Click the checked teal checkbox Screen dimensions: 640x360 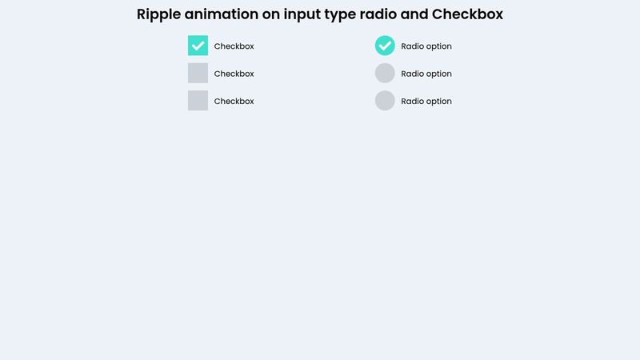(x=198, y=46)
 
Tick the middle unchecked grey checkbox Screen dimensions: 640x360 (x=198, y=73)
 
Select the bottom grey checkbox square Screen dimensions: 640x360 (x=198, y=101)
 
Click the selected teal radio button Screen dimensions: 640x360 (x=385, y=46)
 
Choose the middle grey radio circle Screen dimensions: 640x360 (x=385, y=73)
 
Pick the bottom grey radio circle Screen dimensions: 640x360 (x=385, y=101)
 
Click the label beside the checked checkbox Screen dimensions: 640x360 (x=234, y=46)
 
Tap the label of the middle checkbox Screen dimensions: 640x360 (x=234, y=74)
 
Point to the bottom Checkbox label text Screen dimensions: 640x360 (x=234, y=102)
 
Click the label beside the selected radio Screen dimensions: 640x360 (x=426, y=46)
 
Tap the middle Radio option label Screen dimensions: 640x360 (x=426, y=74)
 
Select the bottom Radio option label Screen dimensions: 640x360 (x=426, y=102)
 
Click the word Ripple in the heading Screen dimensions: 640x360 (x=158, y=15)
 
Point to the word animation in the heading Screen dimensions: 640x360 (x=222, y=14)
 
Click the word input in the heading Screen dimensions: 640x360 (x=302, y=15)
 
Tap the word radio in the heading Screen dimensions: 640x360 (x=378, y=14)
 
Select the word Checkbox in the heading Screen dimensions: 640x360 (x=467, y=14)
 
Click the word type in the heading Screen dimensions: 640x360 (x=341, y=15)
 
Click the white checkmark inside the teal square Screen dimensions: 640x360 (x=198, y=46)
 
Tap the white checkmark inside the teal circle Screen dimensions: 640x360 (x=385, y=46)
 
